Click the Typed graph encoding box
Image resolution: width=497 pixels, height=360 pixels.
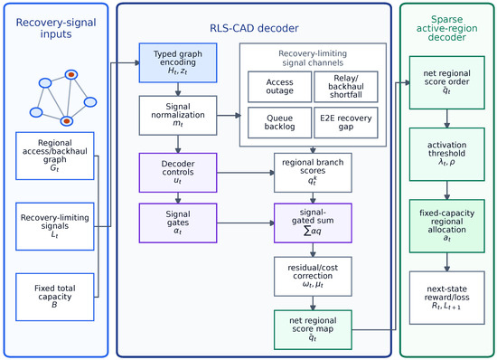[x=178, y=62]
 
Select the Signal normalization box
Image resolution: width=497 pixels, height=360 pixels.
[x=178, y=116]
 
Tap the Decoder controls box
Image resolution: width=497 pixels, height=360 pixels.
[x=178, y=173]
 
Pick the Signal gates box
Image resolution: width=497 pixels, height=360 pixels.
[x=178, y=223]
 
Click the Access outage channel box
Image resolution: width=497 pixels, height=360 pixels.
[x=279, y=87]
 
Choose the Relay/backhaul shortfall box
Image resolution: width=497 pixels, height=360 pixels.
[x=346, y=87]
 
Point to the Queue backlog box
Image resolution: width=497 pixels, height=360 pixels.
[x=279, y=122]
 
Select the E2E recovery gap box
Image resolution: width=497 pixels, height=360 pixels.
[x=346, y=122]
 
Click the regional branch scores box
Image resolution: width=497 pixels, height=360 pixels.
[x=313, y=173]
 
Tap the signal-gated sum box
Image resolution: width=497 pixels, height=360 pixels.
[x=313, y=223]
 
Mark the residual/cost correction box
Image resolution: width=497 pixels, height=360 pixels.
[x=313, y=276]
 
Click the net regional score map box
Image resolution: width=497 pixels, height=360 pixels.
[x=313, y=330]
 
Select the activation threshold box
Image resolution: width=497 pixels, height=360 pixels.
[x=447, y=154]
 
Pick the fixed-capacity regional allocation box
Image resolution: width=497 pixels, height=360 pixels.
[x=447, y=226]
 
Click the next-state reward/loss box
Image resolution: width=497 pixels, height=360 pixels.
[x=447, y=298]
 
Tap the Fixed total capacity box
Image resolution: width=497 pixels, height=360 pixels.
[x=55, y=297]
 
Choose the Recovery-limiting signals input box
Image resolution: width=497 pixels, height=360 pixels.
[x=55, y=226]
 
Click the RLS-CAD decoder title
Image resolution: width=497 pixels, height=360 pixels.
[x=254, y=28]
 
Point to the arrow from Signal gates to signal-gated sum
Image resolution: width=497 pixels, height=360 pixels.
[x=246, y=223]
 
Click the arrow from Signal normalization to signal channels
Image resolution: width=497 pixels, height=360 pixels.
[x=229, y=116]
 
